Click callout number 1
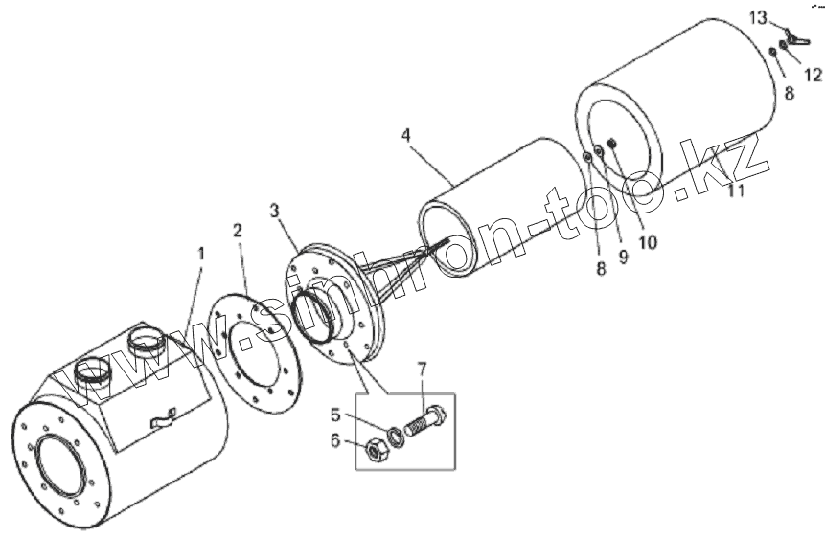(201, 254)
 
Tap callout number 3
(275, 210)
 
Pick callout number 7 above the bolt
(422, 369)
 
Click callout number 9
(623, 258)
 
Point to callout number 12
(813, 73)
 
